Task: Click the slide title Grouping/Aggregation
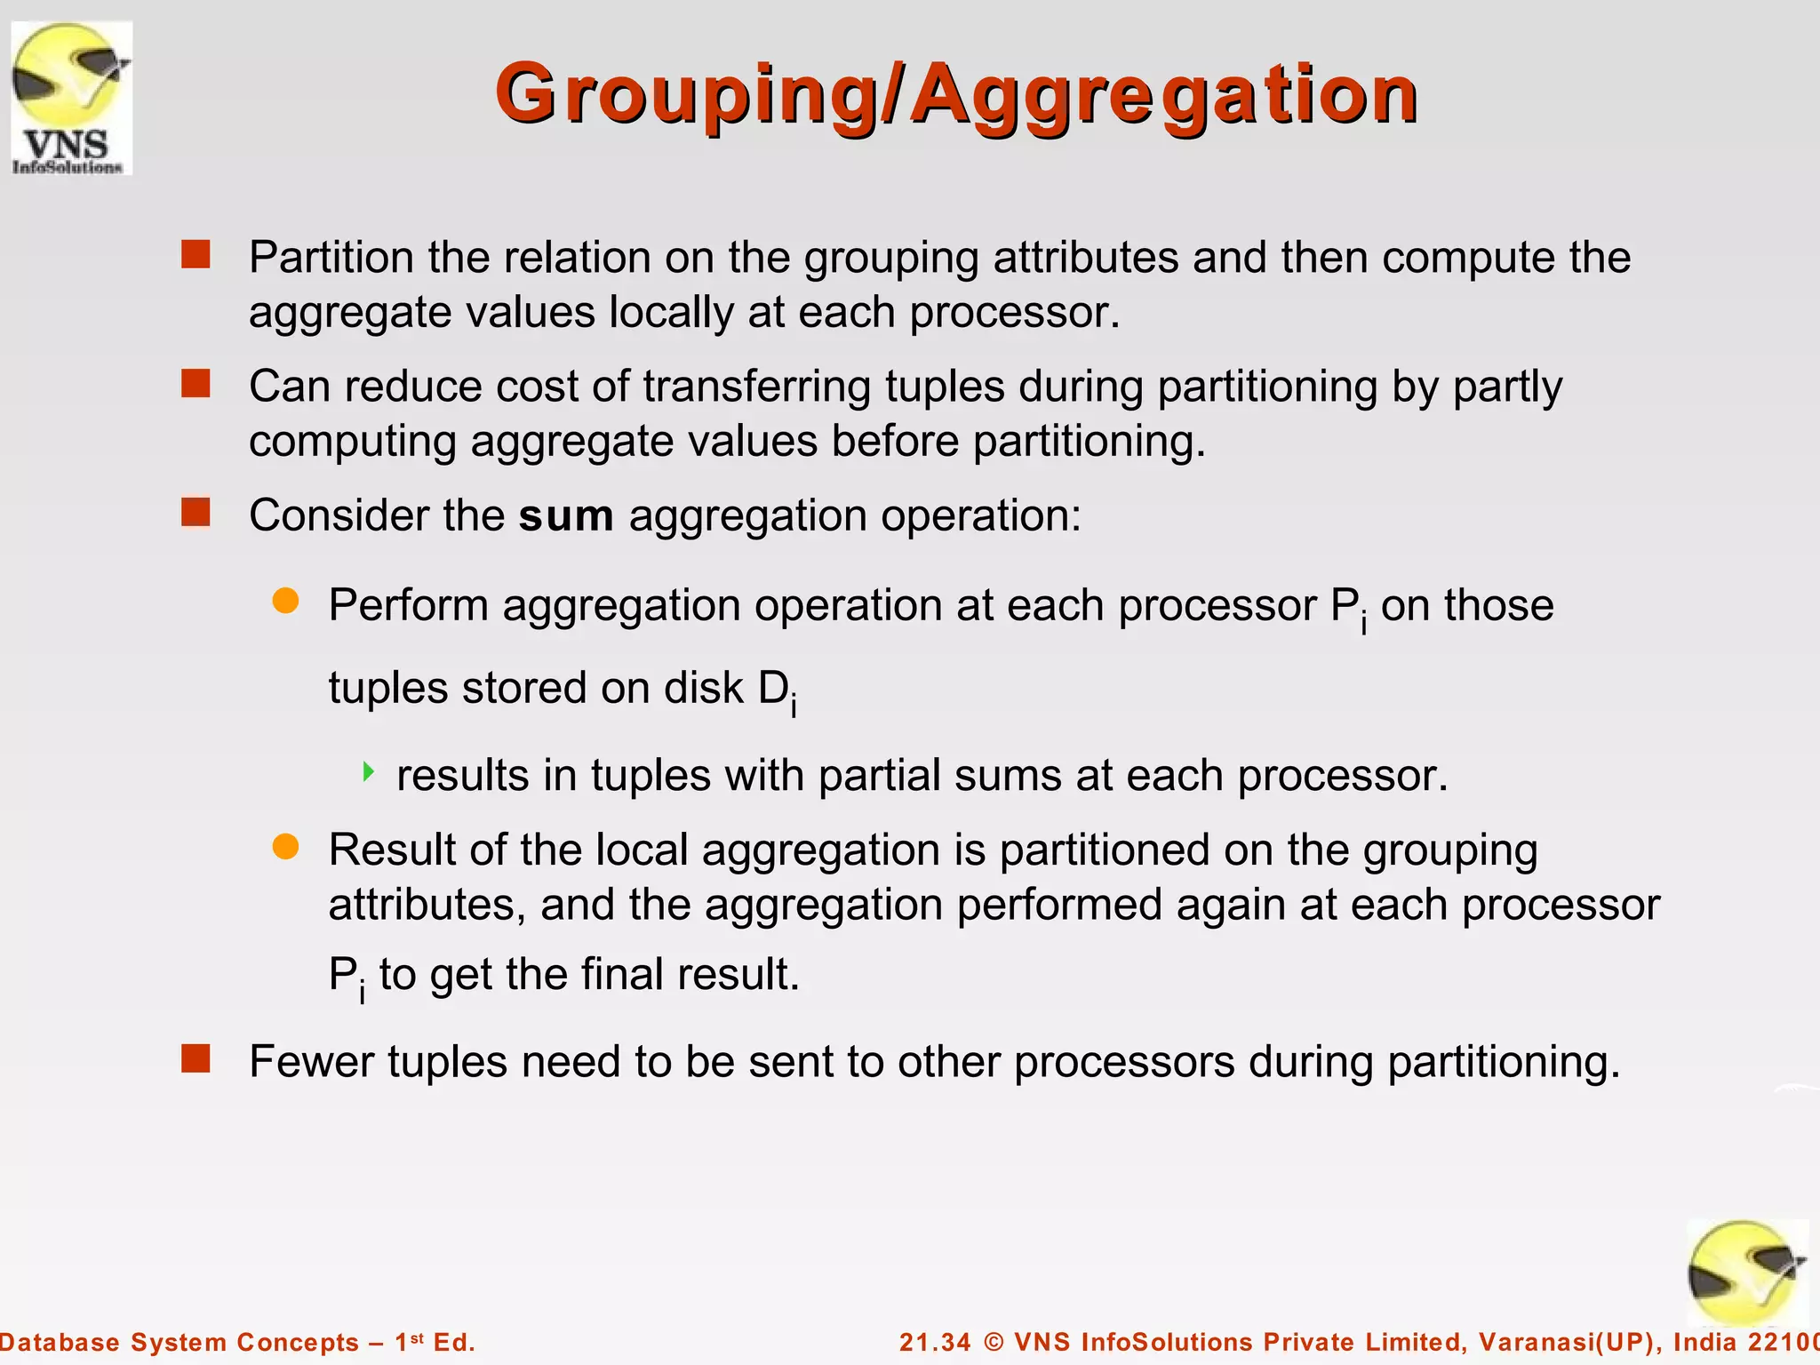click(956, 94)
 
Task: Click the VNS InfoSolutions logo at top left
click(71, 98)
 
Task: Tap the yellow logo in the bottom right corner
click(1746, 1273)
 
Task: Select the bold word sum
click(566, 516)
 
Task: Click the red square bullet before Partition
click(196, 255)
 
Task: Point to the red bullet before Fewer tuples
click(196, 1058)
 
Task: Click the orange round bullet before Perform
click(285, 601)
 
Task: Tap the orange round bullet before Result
click(285, 846)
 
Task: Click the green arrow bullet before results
click(369, 771)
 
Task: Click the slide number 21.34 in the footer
click(935, 1342)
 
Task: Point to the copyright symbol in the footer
click(994, 1342)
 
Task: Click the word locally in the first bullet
click(670, 313)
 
